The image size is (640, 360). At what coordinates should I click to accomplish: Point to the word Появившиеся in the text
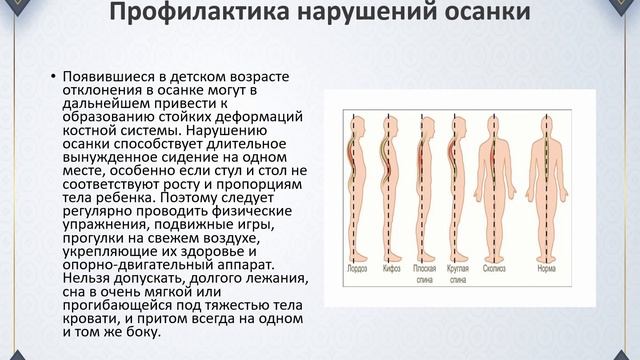tap(104, 77)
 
